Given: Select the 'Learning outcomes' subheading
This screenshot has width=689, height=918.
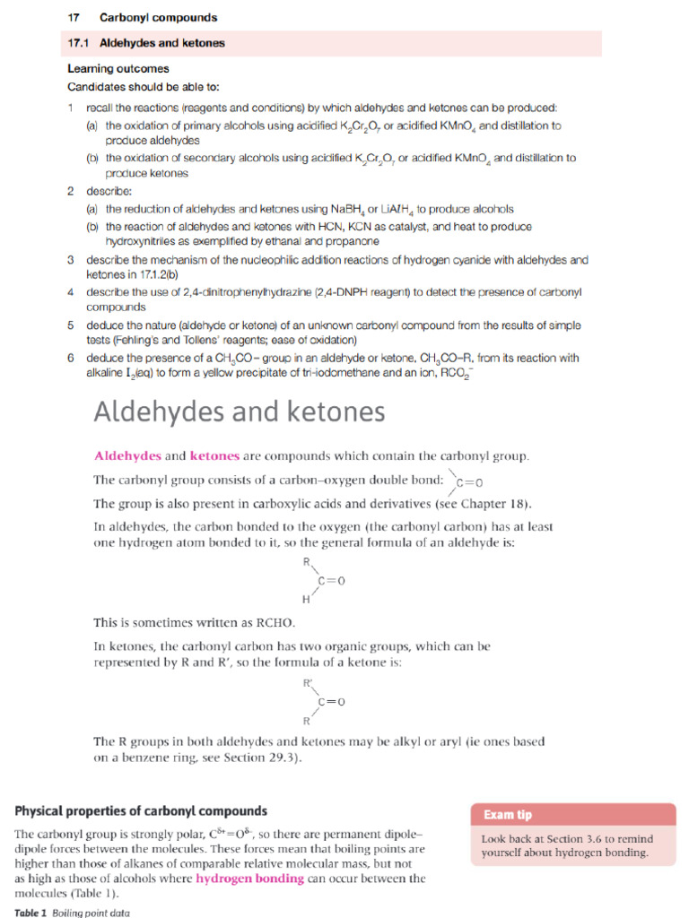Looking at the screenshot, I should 118,69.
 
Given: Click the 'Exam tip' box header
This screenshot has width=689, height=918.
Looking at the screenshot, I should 508,815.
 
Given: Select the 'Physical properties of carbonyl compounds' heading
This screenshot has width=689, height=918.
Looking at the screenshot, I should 141,811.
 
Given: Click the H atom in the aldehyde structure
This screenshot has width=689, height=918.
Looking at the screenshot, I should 306,598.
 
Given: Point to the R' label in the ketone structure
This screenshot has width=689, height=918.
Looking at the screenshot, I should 307,683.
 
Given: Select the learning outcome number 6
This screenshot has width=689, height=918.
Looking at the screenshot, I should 71,358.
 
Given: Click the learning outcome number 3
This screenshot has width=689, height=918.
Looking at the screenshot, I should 71,260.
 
